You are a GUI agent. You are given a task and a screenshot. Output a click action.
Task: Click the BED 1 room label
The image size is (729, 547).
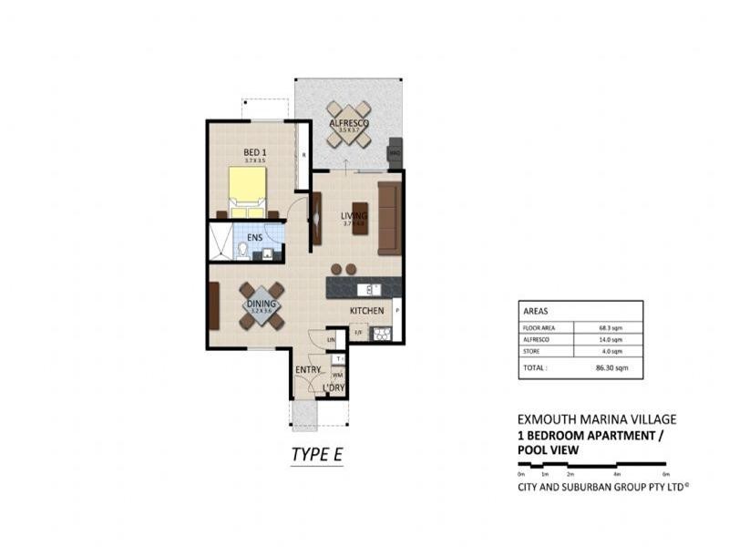pos(254,152)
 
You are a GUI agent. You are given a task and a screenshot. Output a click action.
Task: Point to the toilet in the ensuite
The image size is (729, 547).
pos(243,249)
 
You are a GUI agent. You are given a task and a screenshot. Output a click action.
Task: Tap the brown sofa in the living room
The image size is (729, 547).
pos(389,218)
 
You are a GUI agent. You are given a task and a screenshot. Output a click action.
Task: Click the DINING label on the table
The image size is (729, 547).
pos(262,305)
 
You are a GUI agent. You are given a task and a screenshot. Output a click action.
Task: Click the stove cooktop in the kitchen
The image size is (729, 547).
pos(381,334)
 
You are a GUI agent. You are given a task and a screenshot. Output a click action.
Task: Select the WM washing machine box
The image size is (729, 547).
pos(337,374)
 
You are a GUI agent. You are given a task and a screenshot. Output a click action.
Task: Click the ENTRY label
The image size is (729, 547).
pos(307,369)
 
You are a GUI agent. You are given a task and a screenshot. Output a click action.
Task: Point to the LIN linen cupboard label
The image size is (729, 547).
pos(332,340)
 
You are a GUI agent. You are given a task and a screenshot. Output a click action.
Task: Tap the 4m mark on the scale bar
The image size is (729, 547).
pos(617,474)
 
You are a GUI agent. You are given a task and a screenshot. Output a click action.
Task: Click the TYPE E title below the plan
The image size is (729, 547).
pos(316,454)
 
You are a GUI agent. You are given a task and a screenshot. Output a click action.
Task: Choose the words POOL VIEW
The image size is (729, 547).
pos(546,449)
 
